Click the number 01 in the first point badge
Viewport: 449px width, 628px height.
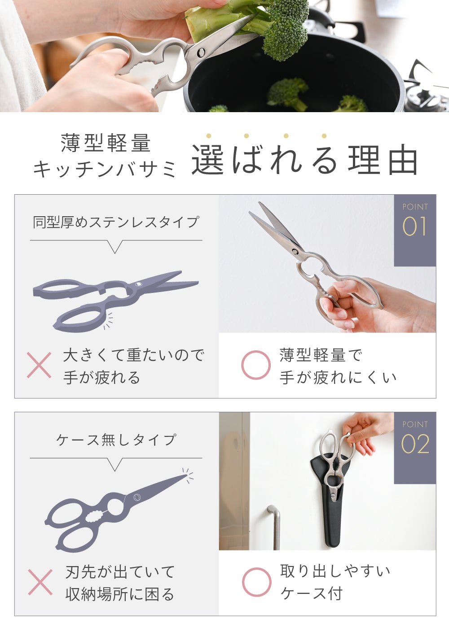pyautogui.click(x=415, y=226)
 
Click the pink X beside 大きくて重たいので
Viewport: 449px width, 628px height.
pyautogui.click(x=39, y=365)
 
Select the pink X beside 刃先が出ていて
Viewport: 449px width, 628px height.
pyautogui.click(x=40, y=582)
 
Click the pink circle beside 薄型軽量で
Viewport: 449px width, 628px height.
pyautogui.click(x=256, y=365)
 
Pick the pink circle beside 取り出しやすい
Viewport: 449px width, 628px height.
pyautogui.click(x=256, y=582)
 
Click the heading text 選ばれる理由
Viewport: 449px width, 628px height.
pyautogui.click(x=305, y=160)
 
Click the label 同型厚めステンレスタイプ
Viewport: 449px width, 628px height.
pyautogui.click(x=116, y=222)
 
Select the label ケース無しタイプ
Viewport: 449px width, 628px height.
pyautogui.click(x=116, y=440)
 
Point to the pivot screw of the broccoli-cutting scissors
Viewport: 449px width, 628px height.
pyautogui.click(x=201, y=52)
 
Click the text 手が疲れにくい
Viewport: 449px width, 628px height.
pyautogui.click(x=338, y=377)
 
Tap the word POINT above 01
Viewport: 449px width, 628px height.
pyautogui.click(x=415, y=207)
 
